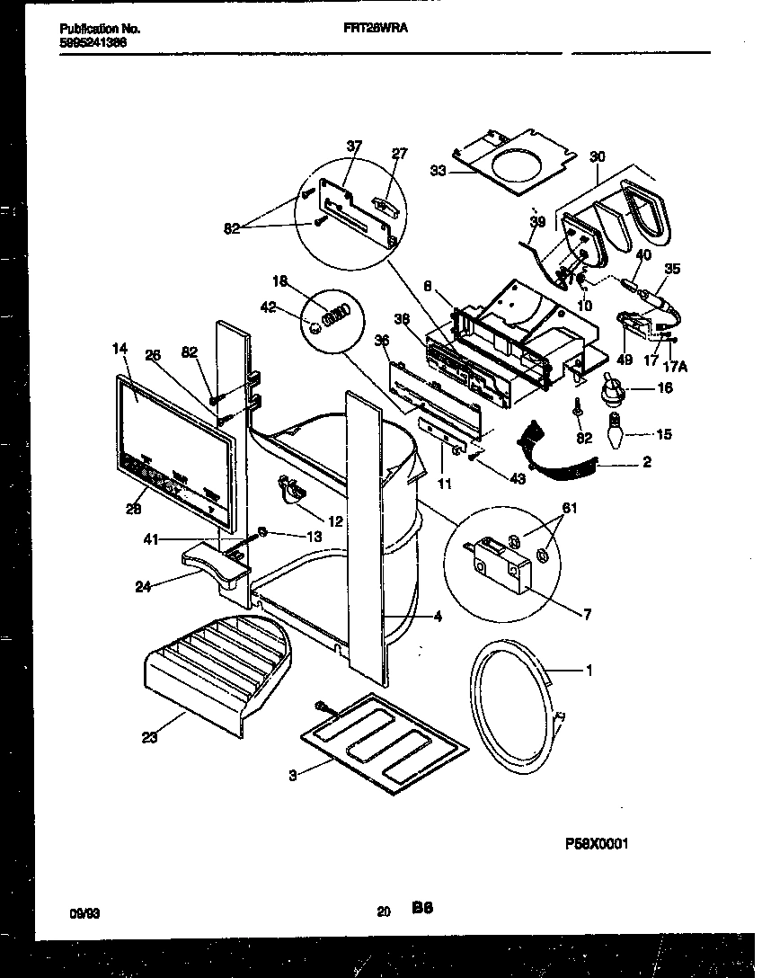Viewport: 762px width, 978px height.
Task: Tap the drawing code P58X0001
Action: coord(596,844)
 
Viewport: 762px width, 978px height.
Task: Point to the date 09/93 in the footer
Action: coord(84,912)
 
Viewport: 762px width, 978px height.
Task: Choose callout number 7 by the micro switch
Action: coord(588,614)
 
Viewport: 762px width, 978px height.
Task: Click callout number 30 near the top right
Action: coord(598,156)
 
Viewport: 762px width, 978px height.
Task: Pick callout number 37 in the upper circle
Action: coord(353,147)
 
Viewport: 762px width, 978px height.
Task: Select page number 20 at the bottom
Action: coord(384,911)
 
